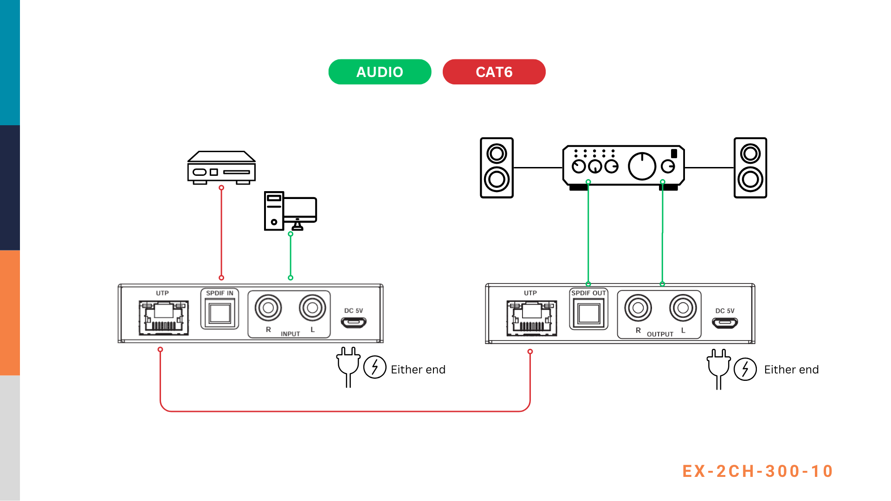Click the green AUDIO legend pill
tap(380, 72)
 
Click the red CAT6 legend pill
tap(494, 72)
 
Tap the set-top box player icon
tap(221, 167)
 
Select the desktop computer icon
tap(290, 211)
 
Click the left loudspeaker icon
tap(497, 167)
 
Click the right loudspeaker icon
tap(750, 167)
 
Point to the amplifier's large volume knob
tap(642, 166)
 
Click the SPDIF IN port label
tap(220, 293)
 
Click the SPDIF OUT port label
tap(588, 293)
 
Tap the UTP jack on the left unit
tap(164, 318)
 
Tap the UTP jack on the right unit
tap(532, 318)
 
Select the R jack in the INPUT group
tap(268, 308)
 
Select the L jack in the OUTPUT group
tap(683, 308)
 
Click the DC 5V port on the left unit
tap(354, 322)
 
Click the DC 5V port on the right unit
tap(725, 322)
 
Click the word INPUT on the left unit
tap(290, 334)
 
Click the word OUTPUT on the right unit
tap(660, 334)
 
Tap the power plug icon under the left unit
tap(349, 366)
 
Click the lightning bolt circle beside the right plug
tap(745, 369)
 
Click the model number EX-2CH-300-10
tap(757, 471)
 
